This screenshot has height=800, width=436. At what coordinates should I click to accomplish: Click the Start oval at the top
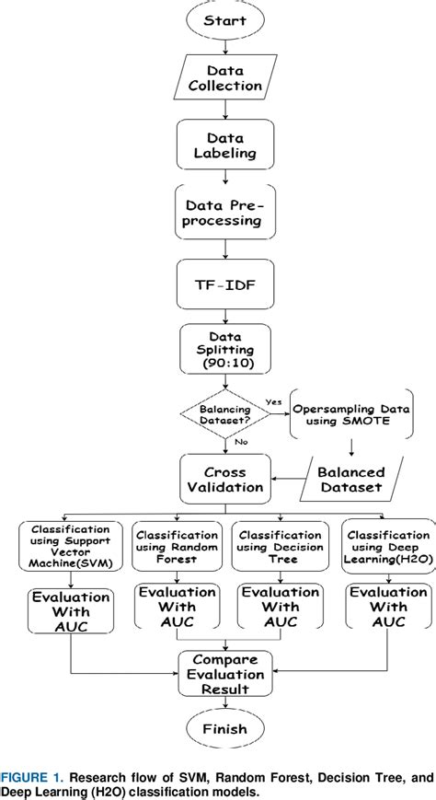[225, 20]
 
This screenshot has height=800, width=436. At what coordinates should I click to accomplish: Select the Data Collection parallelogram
[225, 79]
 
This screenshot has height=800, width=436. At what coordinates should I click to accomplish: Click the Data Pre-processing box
[225, 213]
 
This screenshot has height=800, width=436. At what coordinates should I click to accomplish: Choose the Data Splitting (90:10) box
[225, 352]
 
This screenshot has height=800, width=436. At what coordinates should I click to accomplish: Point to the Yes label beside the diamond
[273, 401]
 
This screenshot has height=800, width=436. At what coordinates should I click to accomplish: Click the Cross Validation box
[225, 479]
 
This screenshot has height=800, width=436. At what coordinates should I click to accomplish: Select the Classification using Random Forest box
[172, 549]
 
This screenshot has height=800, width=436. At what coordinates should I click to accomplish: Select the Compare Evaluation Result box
[225, 673]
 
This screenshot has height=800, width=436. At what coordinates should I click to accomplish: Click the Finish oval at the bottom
[225, 729]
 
